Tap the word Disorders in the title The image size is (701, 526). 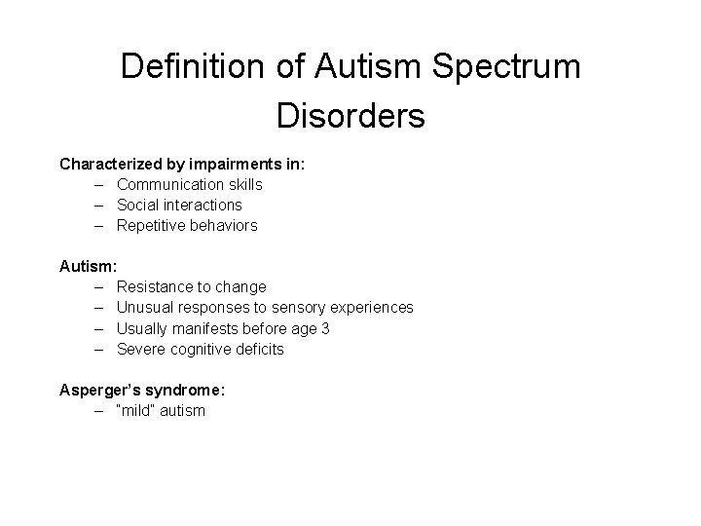pyautogui.click(x=350, y=116)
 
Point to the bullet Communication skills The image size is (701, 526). pyautogui.click(x=189, y=184)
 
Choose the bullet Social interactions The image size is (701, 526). pyautogui.click(x=179, y=205)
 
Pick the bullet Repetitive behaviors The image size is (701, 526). pyautogui.click(x=187, y=225)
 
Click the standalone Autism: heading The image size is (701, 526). pyautogui.click(x=89, y=265)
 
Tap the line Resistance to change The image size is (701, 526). pyautogui.click(x=191, y=286)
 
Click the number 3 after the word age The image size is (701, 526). pyautogui.click(x=325, y=328)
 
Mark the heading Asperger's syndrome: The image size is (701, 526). pyautogui.click(x=142, y=390)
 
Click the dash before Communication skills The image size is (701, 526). pyautogui.click(x=100, y=184)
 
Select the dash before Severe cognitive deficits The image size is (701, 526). pyautogui.click(x=100, y=349)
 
